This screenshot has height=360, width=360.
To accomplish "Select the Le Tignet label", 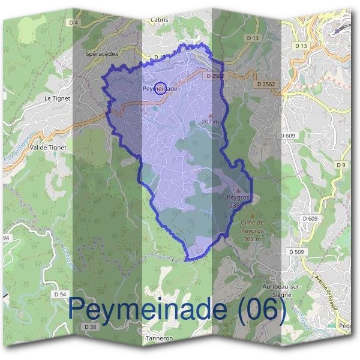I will pyautogui.click(x=58, y=97).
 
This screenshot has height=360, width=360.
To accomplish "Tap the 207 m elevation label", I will pyautogui.click(x=211, y=122).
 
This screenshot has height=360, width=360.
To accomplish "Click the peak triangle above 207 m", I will pyautogui.click(x=210, y=114).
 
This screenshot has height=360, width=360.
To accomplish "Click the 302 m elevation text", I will pyautogui.click(x=252, y=239).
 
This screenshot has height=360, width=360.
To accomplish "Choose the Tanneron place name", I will pyautogui.click(x=159, y=338).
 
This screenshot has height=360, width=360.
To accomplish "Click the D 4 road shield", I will pyautogui.click(x=74, y=23).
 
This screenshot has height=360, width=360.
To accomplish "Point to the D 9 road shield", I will pyautogui.click(x=342, y=164).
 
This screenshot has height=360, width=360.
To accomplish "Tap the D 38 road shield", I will pyautogui.click(x=91, y=326).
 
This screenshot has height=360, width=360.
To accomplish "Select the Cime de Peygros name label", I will pyautogui.click(x=252, y=226).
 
